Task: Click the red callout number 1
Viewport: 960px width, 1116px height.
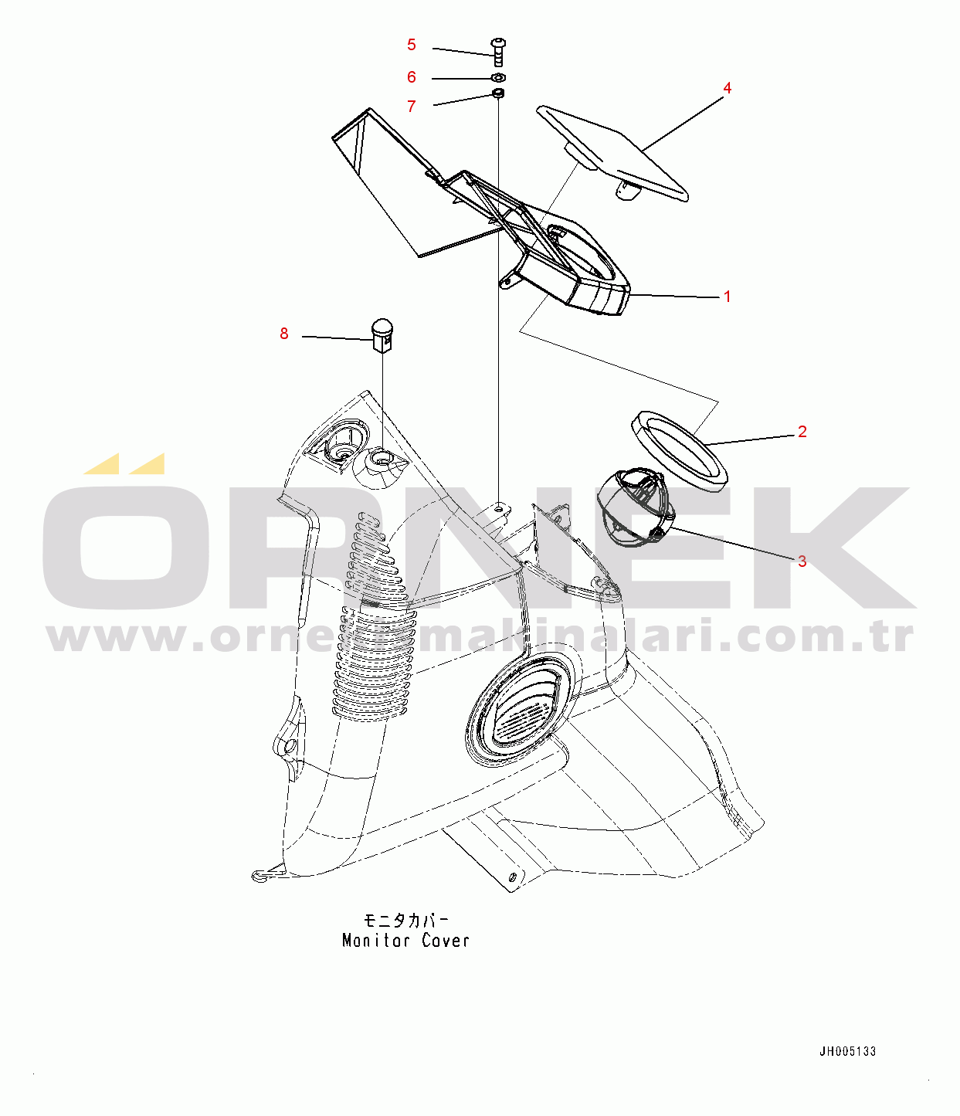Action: tap(727, 297)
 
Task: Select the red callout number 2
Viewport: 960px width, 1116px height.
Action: tap(802, 432)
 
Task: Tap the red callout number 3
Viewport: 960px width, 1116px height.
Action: tap(802, 561)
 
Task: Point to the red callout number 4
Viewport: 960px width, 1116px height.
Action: tap(727, 88)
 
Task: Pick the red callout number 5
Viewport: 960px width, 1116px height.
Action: tap(412, 45)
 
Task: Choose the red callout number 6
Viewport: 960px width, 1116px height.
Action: tap(412, 77)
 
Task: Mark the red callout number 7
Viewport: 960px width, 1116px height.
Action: tap(412, 107)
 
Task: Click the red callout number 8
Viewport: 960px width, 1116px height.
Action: tap(284, 334)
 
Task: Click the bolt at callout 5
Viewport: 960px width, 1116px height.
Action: tap(498, 53)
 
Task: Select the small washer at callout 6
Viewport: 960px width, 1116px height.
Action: tap(499, 78)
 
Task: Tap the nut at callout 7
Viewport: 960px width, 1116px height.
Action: tap(498, 94)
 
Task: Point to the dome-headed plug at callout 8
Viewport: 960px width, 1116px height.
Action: tap(382, 335)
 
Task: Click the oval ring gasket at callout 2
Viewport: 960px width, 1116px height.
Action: tap(679, 451)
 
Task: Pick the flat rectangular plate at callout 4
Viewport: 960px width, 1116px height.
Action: tap(612, 154)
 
